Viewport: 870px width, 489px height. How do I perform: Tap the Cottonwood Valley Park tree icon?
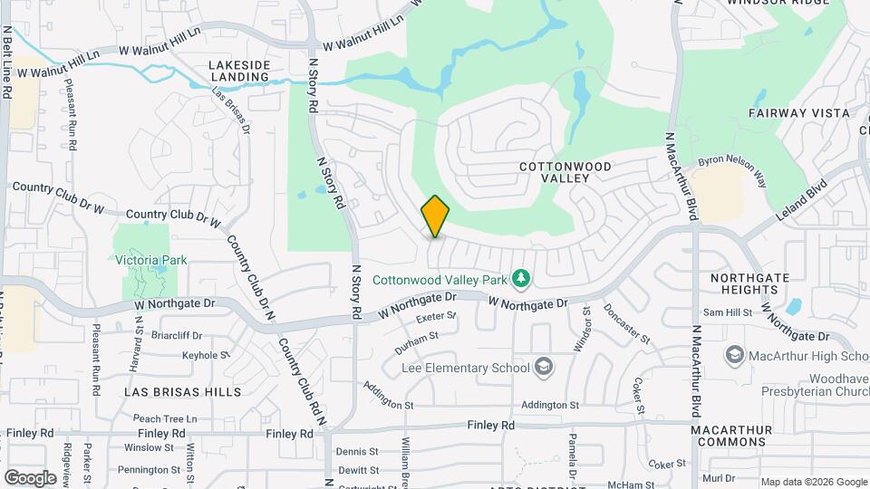(520, 277)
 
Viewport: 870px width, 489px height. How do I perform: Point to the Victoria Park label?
(151, 260)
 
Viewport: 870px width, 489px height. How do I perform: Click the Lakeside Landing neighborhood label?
(239, 71)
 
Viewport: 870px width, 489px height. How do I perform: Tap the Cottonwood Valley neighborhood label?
(566, 172)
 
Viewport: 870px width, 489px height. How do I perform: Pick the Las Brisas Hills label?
(183, 392)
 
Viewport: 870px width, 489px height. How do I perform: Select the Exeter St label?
(436, 318)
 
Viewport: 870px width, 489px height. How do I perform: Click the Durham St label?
(417, 341)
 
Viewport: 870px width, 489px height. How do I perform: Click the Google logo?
(30, 477)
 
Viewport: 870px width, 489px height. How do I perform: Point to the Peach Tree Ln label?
(165, 419)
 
